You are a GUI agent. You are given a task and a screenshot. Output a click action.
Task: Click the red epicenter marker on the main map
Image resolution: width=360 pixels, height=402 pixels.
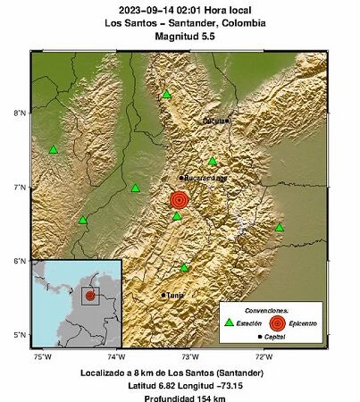click(179, 199)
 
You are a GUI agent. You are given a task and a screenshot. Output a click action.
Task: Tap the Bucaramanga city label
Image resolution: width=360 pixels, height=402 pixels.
click(206, 178)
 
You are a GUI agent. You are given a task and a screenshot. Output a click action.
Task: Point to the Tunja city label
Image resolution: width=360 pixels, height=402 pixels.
click(174, 294)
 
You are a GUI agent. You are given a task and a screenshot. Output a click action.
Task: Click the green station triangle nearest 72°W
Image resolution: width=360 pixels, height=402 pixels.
click(280, 227)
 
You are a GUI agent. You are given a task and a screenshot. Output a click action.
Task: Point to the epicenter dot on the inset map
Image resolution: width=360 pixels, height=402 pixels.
click(89, 295)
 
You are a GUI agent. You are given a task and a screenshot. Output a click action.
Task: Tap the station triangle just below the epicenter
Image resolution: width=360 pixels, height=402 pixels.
click(177, 216)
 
